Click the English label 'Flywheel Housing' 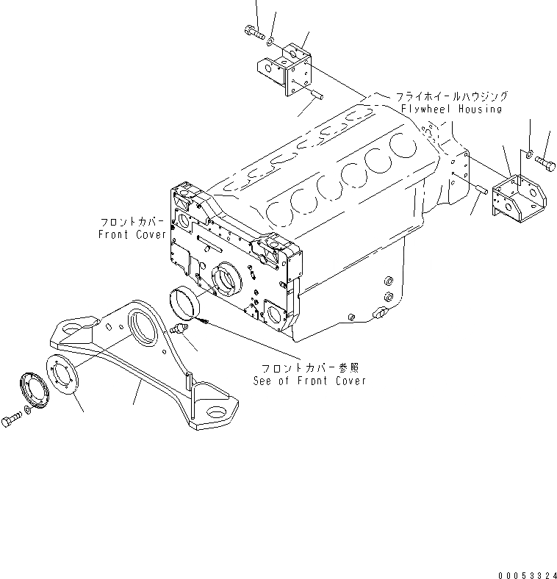[451, 109]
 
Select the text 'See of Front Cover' [309, 381]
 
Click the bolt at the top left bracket [252, 31]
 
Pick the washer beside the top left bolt [271, 39]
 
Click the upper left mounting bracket [287, 70]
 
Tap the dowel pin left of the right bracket [482, 191]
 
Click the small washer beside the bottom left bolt [27, 408]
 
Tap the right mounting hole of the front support [217, 413]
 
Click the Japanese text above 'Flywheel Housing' [451, 96]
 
